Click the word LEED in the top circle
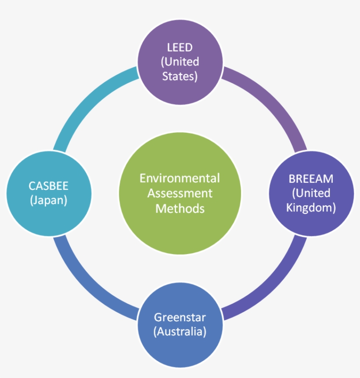point(180,47)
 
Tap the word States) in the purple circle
point(180,76)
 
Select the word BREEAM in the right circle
point(311,179)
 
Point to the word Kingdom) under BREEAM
point(311,207)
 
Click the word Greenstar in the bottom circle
point(180,317)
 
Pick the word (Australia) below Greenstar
point(180,331)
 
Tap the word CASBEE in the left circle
point(49,185)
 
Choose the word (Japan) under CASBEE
point(49,200)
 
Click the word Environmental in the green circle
point(180,178)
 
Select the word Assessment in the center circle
point(180,193)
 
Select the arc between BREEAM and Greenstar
point(272,286)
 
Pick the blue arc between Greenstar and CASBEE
point(88,286)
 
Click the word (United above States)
point(180,61)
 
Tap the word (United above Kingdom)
point(311,193)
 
